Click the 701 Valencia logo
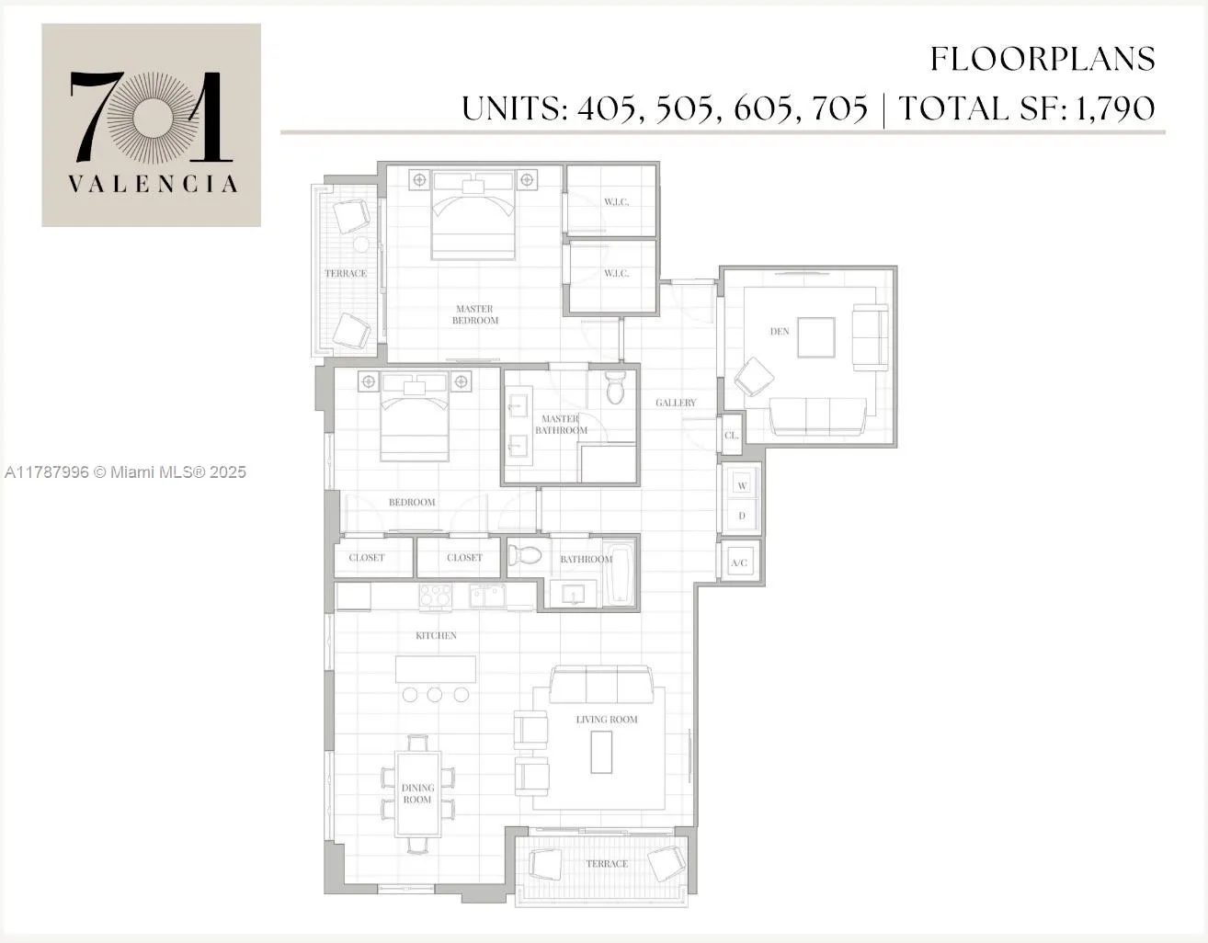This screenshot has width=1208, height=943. [x=152, y=126]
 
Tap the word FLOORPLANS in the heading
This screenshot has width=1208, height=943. [x=1043, y=60]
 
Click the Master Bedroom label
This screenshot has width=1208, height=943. [x=474, y=314]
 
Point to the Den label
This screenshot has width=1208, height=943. [x=780, y=331]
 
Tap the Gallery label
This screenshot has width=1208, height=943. [x=676, y=403]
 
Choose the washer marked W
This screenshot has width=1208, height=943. [x=742, y=485]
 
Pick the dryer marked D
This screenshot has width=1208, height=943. [x=742, y=516]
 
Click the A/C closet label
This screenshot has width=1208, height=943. [x=739, y=562]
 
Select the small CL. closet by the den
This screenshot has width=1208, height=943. [x=732, y=436]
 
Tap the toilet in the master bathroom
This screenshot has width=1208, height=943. [x=616, y=388]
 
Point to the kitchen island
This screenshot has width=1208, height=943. [x=436, y=669]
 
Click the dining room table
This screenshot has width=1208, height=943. [x=417, y=793]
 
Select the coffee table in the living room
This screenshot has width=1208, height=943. [x=601, y=751]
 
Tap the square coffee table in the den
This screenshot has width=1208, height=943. [x=816, y=336]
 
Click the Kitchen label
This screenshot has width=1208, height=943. [x=436, y=635]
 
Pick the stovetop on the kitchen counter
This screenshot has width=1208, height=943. [x=435, y=596]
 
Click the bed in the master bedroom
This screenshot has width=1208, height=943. [x=473, y=217]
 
